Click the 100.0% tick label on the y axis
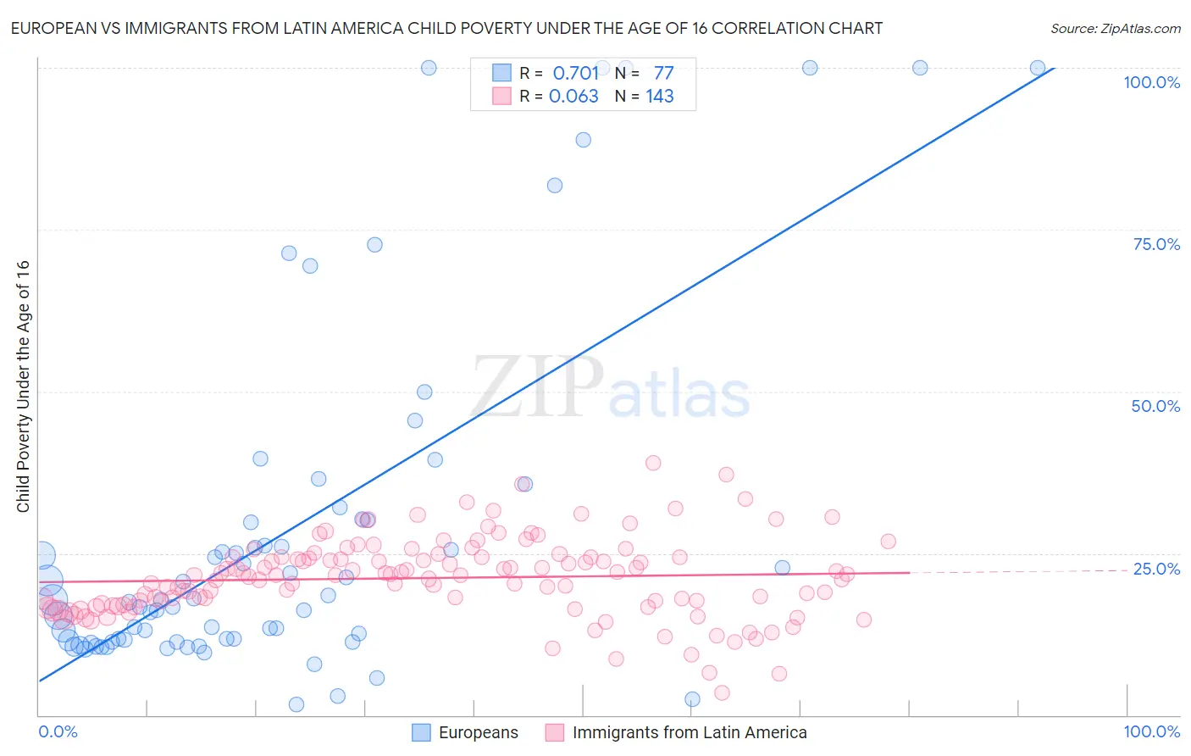coord(1151,82)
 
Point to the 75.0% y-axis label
coord(1156,244)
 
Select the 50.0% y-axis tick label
coord(1155,406)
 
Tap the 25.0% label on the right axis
coord(1156,569)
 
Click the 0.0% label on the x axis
coord(58,731)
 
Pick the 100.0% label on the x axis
coord(1151,731)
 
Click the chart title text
coord(446,28)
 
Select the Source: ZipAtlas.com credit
coord(1115,28)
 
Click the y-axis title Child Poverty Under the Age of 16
coord(23,386)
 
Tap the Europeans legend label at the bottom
coord(478,732)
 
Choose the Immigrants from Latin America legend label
coord(689,732)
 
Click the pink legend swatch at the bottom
coord(555,732)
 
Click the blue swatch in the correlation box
coord(501,73)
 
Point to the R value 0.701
coord(575,73)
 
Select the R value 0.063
coord(573,96)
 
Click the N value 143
coord(659,96)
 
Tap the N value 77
coord(663,73)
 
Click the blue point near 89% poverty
coord(583,140)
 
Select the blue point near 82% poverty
coord(555,186)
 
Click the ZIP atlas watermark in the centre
coord(610,388)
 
